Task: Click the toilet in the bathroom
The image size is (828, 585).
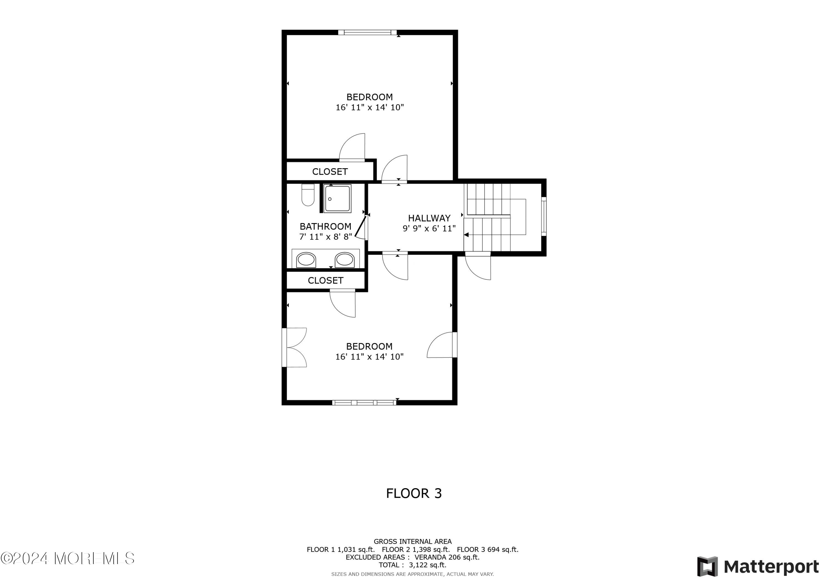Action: point(308,195)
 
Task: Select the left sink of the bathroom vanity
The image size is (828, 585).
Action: point(306,260)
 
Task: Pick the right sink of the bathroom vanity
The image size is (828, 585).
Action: point(344,260)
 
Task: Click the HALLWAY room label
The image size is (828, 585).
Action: point(429,218)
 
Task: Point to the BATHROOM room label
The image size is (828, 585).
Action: point(325,226)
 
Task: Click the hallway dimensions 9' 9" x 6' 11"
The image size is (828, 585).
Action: point(429,229)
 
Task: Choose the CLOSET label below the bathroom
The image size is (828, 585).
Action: point(325,281)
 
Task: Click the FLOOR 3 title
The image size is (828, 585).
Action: point(414,493)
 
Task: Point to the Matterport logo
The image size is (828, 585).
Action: point(758,567)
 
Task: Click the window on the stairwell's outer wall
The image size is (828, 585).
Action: point(544,216)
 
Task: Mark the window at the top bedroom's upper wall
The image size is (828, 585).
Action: point(367,33)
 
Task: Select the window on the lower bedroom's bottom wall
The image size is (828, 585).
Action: point(364,403)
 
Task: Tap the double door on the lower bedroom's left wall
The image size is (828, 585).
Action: point(294,348)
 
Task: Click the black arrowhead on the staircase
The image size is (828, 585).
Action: point(466,235)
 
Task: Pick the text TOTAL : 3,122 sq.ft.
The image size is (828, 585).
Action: point(413,565)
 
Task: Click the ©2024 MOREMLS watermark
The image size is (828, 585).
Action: point(67,558)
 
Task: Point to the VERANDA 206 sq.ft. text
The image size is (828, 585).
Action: point(447,557)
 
